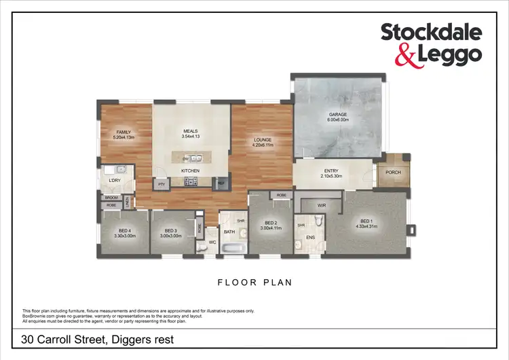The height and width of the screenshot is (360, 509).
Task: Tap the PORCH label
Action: pos(393,172)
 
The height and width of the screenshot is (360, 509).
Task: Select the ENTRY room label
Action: pos(333,172)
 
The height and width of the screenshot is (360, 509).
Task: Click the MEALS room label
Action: pos(190,132)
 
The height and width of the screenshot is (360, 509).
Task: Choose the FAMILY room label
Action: pos(123,132)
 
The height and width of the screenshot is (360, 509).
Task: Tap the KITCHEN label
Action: pos(189,170)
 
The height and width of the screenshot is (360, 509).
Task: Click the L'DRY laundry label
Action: pos(114,180)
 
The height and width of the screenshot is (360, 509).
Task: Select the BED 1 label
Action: pos(367,221)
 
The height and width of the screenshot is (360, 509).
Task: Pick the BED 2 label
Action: pos(271,223)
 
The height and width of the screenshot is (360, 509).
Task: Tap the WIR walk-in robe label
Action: pos(322,204)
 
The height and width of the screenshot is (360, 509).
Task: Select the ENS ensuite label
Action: pos(310,238)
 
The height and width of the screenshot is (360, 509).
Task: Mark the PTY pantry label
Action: pos(162,183)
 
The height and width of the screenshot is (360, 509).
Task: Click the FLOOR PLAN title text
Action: pos(254,281)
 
